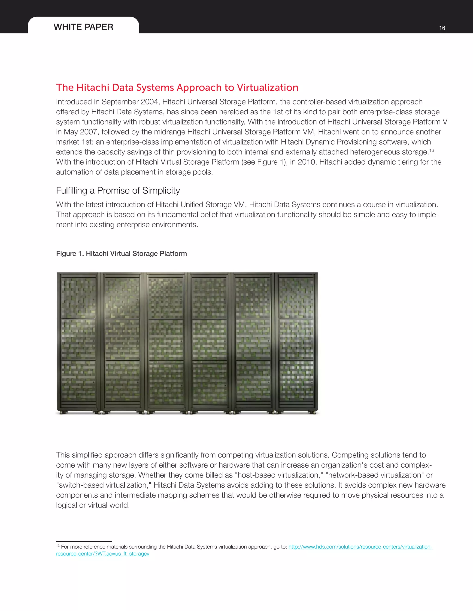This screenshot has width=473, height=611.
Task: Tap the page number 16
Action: [x=442, y=28]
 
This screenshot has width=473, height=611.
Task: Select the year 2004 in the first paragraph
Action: [x=150, y=102]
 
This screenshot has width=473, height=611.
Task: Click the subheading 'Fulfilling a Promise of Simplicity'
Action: [x=118, y=190]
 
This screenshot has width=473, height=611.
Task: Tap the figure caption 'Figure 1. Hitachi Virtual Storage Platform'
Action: [x=121, y=253]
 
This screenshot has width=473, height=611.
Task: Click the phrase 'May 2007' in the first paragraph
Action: [x=80, y=132]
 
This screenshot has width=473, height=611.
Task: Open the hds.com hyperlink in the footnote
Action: [x=360, y=547]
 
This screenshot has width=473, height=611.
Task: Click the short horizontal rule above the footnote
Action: [x=84, y=541]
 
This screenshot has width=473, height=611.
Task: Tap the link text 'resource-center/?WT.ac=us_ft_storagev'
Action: [x=103, y=554]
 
